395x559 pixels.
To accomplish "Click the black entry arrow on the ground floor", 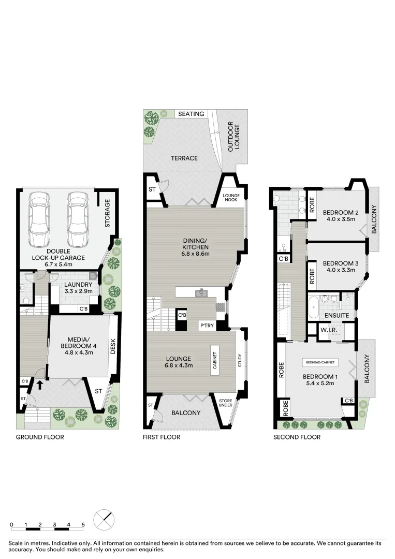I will click(39, 385).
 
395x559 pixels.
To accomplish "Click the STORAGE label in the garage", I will click(108, 214).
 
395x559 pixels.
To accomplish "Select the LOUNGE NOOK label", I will click(231, 197).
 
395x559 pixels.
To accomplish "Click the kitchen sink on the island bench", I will click(200, 293).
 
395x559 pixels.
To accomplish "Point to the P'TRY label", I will click(208, 326).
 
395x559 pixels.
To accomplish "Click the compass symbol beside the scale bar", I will click(104, 519).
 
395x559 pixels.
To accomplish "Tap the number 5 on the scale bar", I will click(83, 524).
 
